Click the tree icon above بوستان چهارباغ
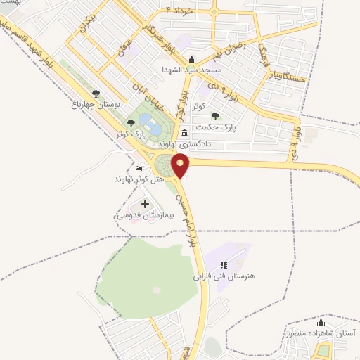[96, 93]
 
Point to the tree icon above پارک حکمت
[215, 116]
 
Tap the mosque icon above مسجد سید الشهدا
[192, 60]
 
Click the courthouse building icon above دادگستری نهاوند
[184, 133]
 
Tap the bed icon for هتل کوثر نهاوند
[139, 169]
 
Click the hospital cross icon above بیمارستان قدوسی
[146, 205]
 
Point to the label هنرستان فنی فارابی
[227, 276]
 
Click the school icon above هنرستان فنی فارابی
[224, 265]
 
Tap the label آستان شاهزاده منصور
[319, 333]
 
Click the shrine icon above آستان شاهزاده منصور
[321, 321]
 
